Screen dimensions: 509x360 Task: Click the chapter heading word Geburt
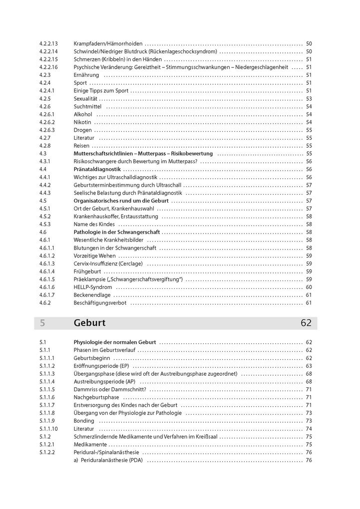pos(89,323)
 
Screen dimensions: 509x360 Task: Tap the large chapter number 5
pos(42,323)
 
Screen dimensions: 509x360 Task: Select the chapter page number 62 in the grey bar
pos(306,323)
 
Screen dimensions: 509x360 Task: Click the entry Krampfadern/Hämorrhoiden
pos(108,43)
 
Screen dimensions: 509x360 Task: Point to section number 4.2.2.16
pos(48,67)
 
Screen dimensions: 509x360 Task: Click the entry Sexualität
pos(85,98)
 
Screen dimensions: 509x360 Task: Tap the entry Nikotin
pos(82,122)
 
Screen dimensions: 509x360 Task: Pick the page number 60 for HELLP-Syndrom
pos(309,287)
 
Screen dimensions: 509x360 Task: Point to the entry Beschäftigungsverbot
pos(100,302)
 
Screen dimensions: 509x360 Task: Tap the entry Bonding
pos(84,421)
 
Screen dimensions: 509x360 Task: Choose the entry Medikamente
pos(90,444)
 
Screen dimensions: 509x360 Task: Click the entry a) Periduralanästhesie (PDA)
pos(108,460)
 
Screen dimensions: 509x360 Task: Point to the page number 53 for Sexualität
pos(309,98)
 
